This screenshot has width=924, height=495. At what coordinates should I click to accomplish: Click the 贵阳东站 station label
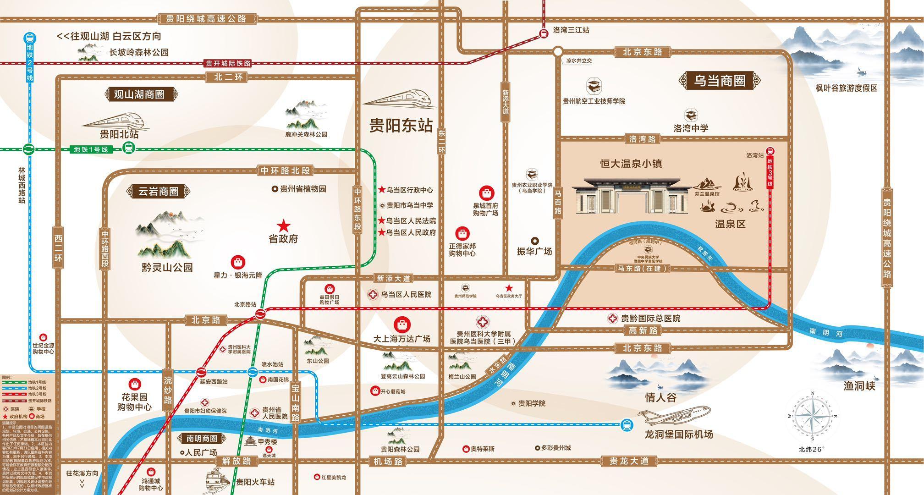[x=401, y=126]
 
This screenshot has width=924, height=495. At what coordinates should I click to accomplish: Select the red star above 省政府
[x=284, y=225]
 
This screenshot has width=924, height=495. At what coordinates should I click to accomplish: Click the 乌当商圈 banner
[x=719, y=81]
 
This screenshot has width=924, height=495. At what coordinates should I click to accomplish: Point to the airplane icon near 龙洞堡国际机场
[x=674, y=414]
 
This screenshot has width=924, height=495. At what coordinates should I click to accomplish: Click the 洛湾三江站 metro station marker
[x=544, y=33]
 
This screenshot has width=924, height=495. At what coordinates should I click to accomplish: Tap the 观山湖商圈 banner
[x=139, y=95]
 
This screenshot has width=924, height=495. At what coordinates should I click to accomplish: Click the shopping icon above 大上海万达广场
[x=402, y=324]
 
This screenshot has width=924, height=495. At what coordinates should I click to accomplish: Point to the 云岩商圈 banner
[x=159, y=192]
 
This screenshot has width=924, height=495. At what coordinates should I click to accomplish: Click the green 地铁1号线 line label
[x=91, y=149]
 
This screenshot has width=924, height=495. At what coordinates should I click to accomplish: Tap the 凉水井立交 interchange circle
[x=557, y=51]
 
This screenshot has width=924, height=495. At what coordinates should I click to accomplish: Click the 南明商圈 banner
[x=202, y=438]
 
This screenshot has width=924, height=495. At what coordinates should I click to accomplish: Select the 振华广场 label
[x=535, y=251]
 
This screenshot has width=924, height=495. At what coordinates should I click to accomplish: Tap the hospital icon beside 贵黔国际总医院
[x=612, y=319]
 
